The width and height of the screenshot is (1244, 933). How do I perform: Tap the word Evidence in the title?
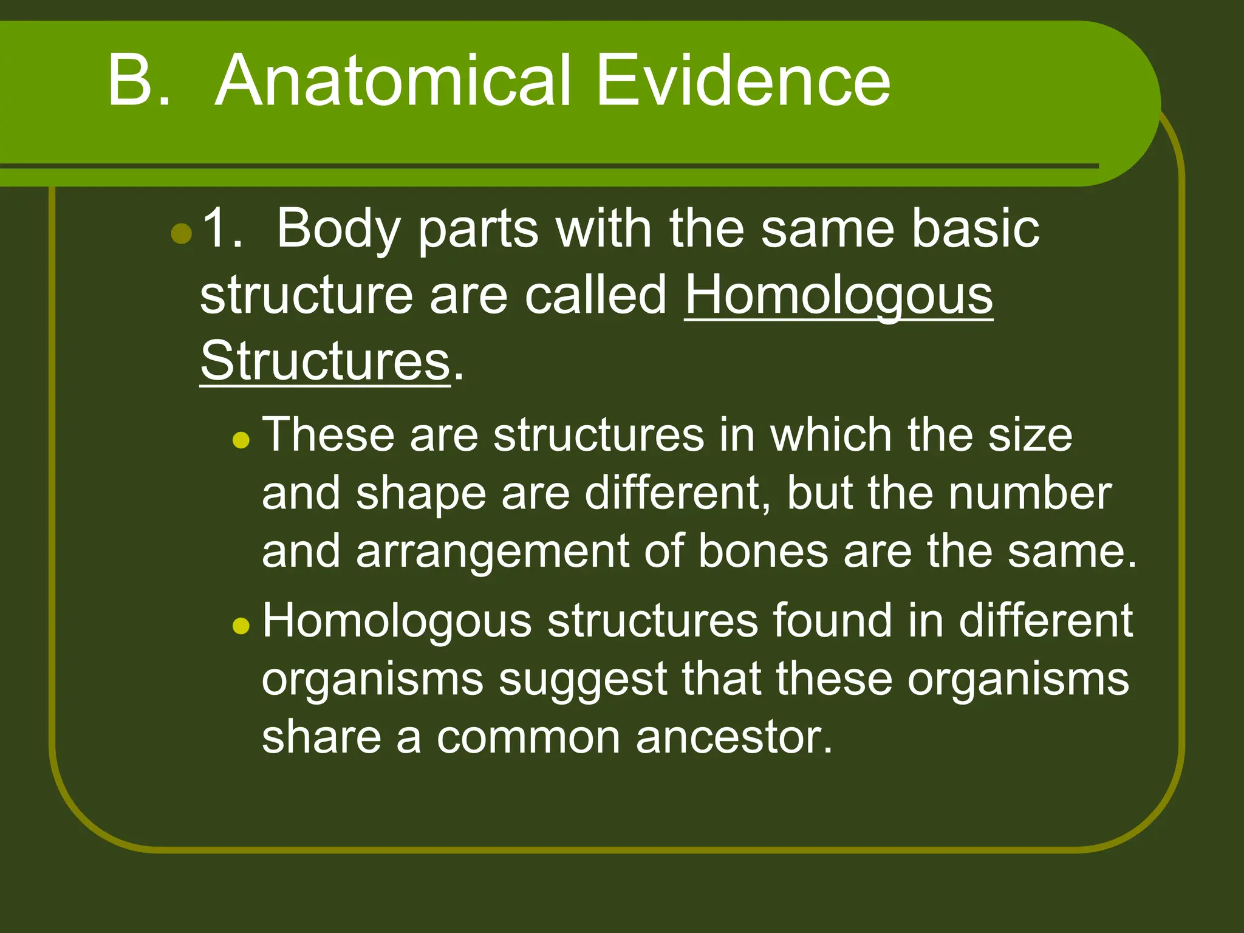tap(743, 81)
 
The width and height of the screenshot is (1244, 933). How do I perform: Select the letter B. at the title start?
tap(138, 81)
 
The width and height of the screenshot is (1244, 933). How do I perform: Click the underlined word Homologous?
tap(839, 296)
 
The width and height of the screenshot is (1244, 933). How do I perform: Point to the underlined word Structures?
tap(325, 361)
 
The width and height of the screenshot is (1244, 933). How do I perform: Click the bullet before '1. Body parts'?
tap(182, 233)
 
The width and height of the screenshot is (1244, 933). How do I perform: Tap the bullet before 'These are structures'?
tap(241, 440)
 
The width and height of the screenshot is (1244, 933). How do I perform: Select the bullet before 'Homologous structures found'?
tap(241, 625)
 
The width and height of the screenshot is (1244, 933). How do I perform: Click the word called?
tap(596, 295)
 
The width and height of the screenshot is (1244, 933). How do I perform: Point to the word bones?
tap(763, 552)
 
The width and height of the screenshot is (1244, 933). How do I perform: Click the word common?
tap(528, 737)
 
